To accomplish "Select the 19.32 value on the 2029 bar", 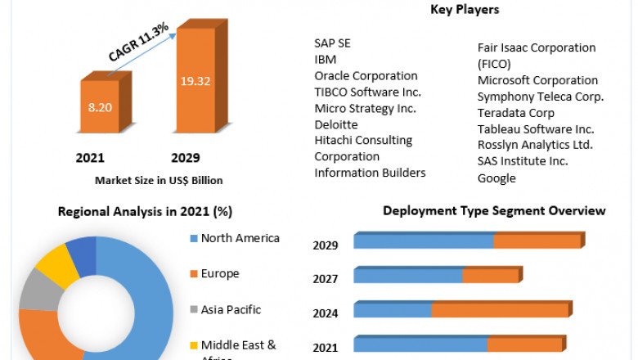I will [x=195, y=81].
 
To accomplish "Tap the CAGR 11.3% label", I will [x=139, y=42].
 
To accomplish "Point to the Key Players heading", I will [x=465, y=10].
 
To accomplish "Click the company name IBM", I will [x=325, y=59].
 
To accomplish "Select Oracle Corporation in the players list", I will [x=366, y=75].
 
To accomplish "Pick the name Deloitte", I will [x=336, y=124].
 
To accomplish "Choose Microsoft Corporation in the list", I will [x=537, y=80].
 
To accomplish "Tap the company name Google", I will [x=496, y=178].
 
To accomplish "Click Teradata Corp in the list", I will [x=515, y=113].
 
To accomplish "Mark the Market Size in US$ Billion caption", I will [x=159, y=180].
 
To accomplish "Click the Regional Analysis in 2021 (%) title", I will [x=145, y=211].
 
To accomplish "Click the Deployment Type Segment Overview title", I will [x=494, y=211].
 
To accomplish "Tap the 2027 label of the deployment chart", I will [x=326, y=279].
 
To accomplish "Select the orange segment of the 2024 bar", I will [x=499, y=310].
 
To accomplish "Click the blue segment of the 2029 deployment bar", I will [x=423, y=241].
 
